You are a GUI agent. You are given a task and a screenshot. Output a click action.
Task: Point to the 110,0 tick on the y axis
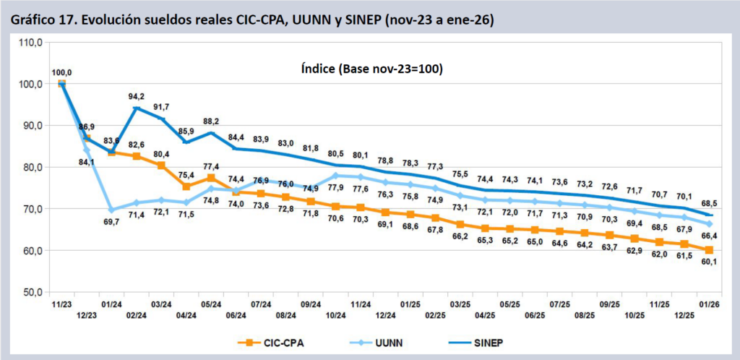(30, 42)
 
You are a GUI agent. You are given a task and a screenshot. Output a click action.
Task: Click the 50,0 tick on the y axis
(32, 292)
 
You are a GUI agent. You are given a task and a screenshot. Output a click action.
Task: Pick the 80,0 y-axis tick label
(32, 167)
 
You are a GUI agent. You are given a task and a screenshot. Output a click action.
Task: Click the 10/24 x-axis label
(335, 315)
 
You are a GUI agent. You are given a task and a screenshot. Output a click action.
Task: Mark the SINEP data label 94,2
(137, 96)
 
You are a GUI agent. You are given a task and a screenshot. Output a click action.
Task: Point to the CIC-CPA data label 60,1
(710, 262)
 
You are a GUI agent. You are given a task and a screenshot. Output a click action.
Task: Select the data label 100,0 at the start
(61, 72)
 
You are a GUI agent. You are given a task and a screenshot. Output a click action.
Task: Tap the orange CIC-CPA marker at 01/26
(709, 250)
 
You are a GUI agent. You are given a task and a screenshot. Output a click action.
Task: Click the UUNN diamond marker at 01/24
(112, 210)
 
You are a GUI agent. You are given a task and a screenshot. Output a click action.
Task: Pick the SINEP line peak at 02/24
(137, 108)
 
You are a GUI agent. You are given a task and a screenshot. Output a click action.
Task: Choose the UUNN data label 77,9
(335, 188)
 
